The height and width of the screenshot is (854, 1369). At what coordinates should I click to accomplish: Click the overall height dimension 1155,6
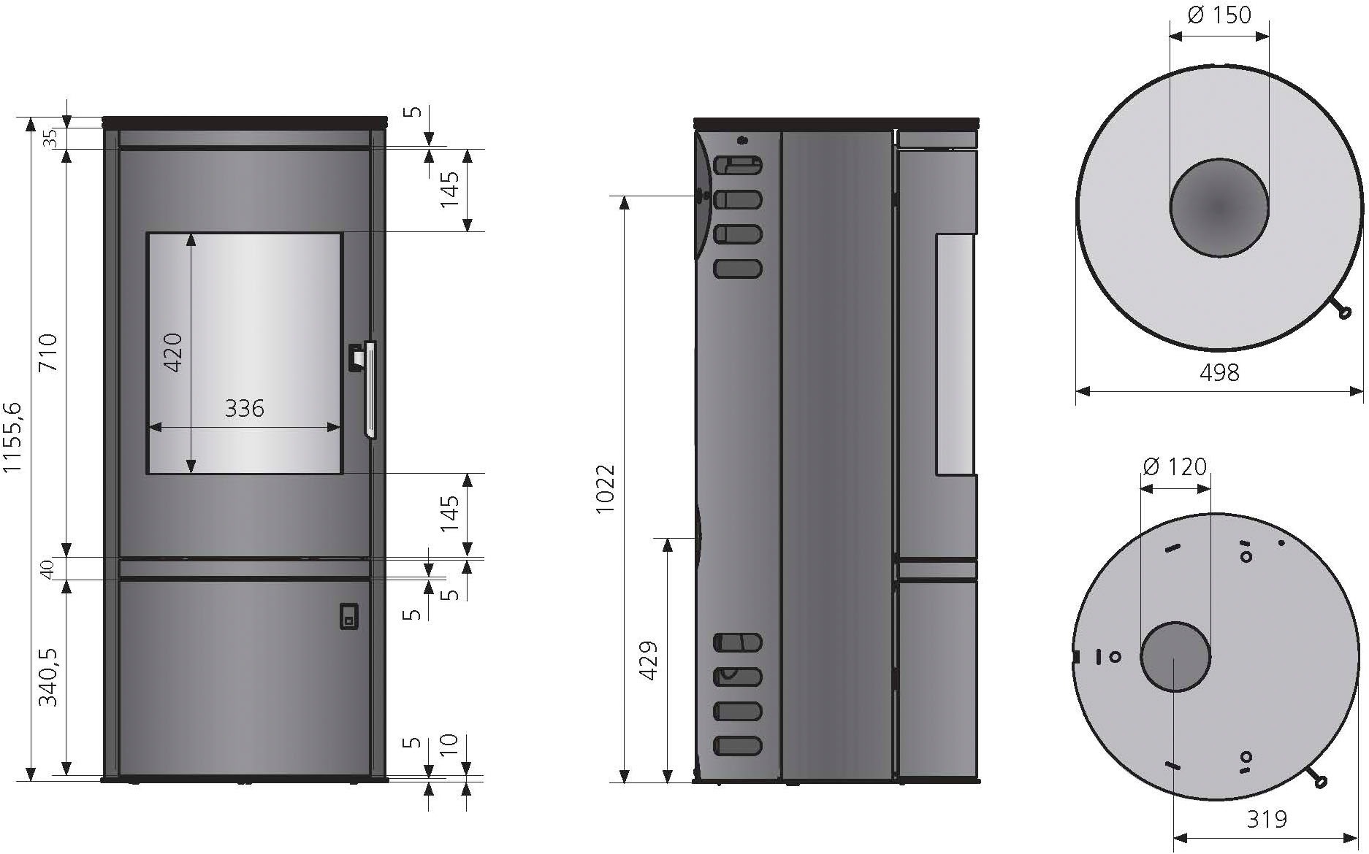(x=13, y=437)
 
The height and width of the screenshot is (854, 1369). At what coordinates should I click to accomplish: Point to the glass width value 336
(x=244, y=408)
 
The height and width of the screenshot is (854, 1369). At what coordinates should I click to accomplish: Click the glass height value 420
(x=173, y=353)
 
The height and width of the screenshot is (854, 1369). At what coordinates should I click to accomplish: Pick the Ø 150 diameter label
(x=1219, y=15)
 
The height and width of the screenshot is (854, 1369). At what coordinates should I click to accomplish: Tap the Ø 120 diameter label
(x=1175, y=466)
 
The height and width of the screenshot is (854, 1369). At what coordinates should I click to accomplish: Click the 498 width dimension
(x=1219, y=373)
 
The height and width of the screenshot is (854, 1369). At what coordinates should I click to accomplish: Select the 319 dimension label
(x=1266, y=819)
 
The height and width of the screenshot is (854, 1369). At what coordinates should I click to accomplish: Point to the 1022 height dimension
(x=606, y=488)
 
